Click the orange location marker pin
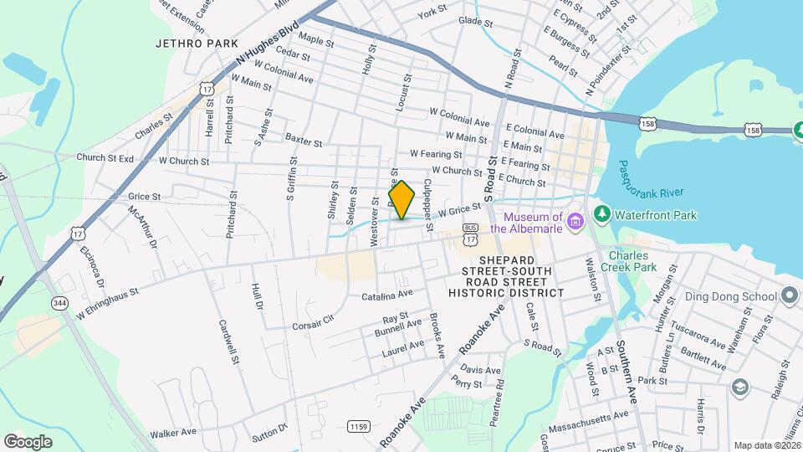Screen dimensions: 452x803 coord(401,200)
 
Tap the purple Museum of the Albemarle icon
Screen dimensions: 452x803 coord(575,221)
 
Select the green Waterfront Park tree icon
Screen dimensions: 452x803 coord(601,215)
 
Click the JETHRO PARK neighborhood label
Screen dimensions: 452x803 coord(197,44)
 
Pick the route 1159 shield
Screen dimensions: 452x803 coord(358,427)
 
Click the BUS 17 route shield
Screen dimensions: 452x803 coord(470,234)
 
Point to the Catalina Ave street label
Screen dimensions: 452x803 coord(387,295)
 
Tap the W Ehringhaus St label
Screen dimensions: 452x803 coord(106,302)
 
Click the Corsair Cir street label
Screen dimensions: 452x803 coord(313,321)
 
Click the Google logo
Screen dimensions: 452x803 coord(28,441)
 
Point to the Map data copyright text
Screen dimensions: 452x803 coord(766,445)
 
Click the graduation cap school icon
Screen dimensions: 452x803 coord(739,386)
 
